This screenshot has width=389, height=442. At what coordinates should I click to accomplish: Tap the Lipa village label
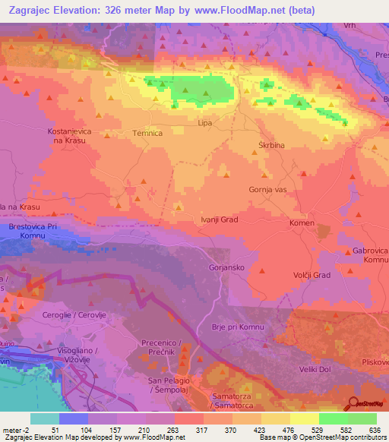pyautogui.click(x=204, y=122)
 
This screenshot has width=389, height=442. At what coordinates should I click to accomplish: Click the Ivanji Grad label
pyautogui.click(x=220, y=219)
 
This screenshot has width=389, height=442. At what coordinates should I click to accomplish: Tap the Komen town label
pyautogui.click(x=302, y=223)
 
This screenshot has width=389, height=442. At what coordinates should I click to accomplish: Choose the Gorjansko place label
pyautogui.click(x=226, y=267)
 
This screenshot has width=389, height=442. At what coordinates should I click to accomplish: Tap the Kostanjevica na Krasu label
pyautogui.click(x=69, y=137)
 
